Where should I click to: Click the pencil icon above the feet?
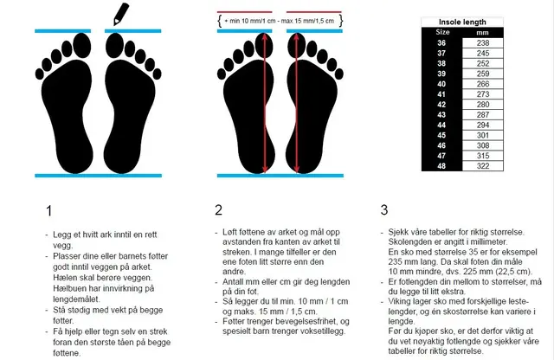121,14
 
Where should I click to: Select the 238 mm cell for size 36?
483,43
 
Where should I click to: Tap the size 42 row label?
441,105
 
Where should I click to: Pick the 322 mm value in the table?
483,166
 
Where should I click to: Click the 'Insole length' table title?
462,22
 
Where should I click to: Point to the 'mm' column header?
483,33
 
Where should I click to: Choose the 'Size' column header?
442,32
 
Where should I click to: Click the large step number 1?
49,211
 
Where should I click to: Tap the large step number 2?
219,209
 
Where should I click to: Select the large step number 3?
384,209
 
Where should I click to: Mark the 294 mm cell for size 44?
483,125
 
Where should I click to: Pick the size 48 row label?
441,166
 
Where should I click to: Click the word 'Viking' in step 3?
400,302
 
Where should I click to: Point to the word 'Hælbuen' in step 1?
68,288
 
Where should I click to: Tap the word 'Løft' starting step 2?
230,232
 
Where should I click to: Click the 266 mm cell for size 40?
483,84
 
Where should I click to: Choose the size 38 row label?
441,63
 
